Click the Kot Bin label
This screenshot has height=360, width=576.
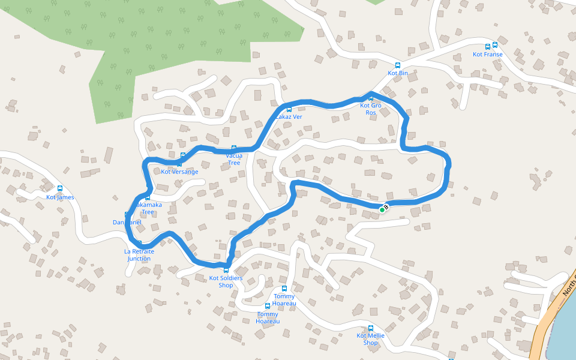tap(397, 73)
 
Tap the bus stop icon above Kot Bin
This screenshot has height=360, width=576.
tap(397, 65)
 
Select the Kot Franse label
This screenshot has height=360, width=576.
tap(487, 55)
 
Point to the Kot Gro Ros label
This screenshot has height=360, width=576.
tap(371, 109)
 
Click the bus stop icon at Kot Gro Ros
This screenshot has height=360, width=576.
tap(371, 98)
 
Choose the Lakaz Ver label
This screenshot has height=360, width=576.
tap(289, 117)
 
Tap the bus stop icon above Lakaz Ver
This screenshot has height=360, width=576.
tap(289, 109)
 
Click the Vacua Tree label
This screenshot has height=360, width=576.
tap(234, 159)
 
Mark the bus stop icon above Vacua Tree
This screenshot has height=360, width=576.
tap(234, 148)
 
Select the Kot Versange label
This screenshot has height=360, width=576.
tap(179, 172)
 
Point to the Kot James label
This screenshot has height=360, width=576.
tap(60, 197)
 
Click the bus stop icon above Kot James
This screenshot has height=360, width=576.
tap(60, 188)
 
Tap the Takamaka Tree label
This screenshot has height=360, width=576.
tap(148, 208)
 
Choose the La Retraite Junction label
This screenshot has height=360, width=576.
tap(139, 255)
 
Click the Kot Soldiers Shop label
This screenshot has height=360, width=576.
tap(226, 281)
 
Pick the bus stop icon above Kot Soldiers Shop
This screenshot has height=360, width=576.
tap(226, 271)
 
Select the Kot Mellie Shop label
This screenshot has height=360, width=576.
tap(371, 339)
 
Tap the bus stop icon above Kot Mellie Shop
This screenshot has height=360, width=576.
tap(371, 328)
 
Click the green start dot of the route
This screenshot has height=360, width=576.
tap(382, 210)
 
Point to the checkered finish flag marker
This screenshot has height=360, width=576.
tap(386, 206)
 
